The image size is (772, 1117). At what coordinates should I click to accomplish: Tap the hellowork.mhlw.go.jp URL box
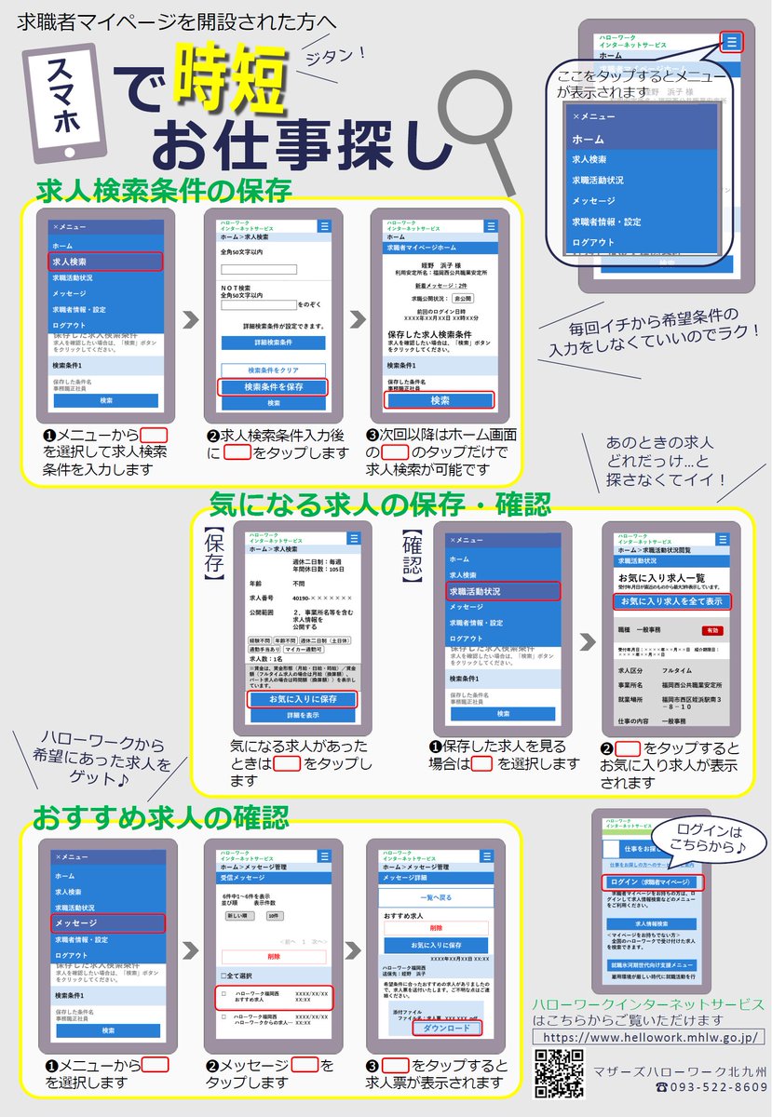pos(649,1037)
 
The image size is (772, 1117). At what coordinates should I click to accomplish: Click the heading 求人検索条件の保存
pos(164,191)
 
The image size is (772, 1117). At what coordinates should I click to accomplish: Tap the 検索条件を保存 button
pos(273,386)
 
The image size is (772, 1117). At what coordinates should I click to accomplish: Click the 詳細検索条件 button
pos(273,343)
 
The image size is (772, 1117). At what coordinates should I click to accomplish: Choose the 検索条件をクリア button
pos(273,370)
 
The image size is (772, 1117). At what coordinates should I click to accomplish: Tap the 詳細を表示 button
pos(303,715)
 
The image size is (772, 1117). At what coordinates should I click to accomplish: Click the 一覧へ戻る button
pos(436,897)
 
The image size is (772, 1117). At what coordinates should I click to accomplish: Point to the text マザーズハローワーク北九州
pos(681,1070)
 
